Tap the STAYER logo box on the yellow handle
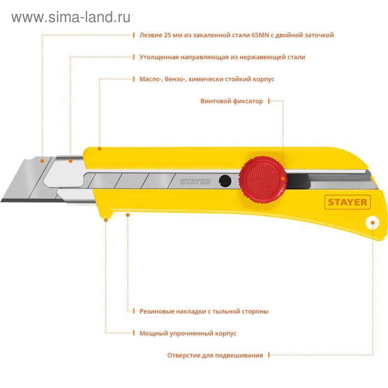(348, 202)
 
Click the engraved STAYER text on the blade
(195, 182)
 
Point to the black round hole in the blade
(225, 181)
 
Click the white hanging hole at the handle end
(372, 223)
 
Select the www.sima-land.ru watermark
(71, 17)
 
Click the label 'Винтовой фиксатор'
(232, 101)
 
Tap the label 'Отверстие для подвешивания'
(215, 355)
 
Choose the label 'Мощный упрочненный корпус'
(188, 333)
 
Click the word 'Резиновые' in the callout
(157, 312)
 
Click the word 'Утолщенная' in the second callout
(159, 57)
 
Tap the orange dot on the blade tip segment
(42, 161)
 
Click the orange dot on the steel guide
(70, 161)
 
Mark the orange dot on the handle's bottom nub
(106, 220)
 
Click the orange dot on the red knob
(283, 178)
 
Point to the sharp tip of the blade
(1, 201)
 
